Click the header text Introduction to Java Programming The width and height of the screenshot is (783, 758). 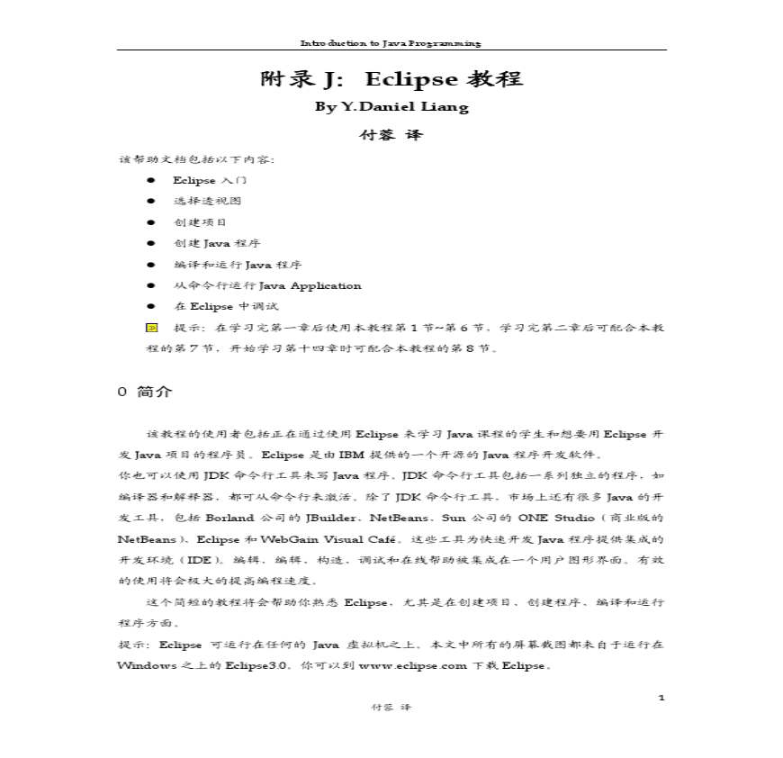[x=391, y=42]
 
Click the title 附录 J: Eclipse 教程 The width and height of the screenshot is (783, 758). [x=391, y=79]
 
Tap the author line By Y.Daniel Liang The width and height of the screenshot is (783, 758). [x=391, y=107]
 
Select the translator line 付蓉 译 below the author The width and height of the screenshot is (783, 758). [x=391, y=135]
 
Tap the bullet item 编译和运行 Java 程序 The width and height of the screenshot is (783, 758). [x=238, y=265]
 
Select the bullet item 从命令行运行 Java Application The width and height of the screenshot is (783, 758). [x=267, y=285]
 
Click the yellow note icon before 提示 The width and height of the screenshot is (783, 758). [x=151, y=328]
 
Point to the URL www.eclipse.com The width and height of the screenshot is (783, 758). [x=412, y=666]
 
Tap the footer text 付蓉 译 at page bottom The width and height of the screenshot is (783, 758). [x=391, y=708]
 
